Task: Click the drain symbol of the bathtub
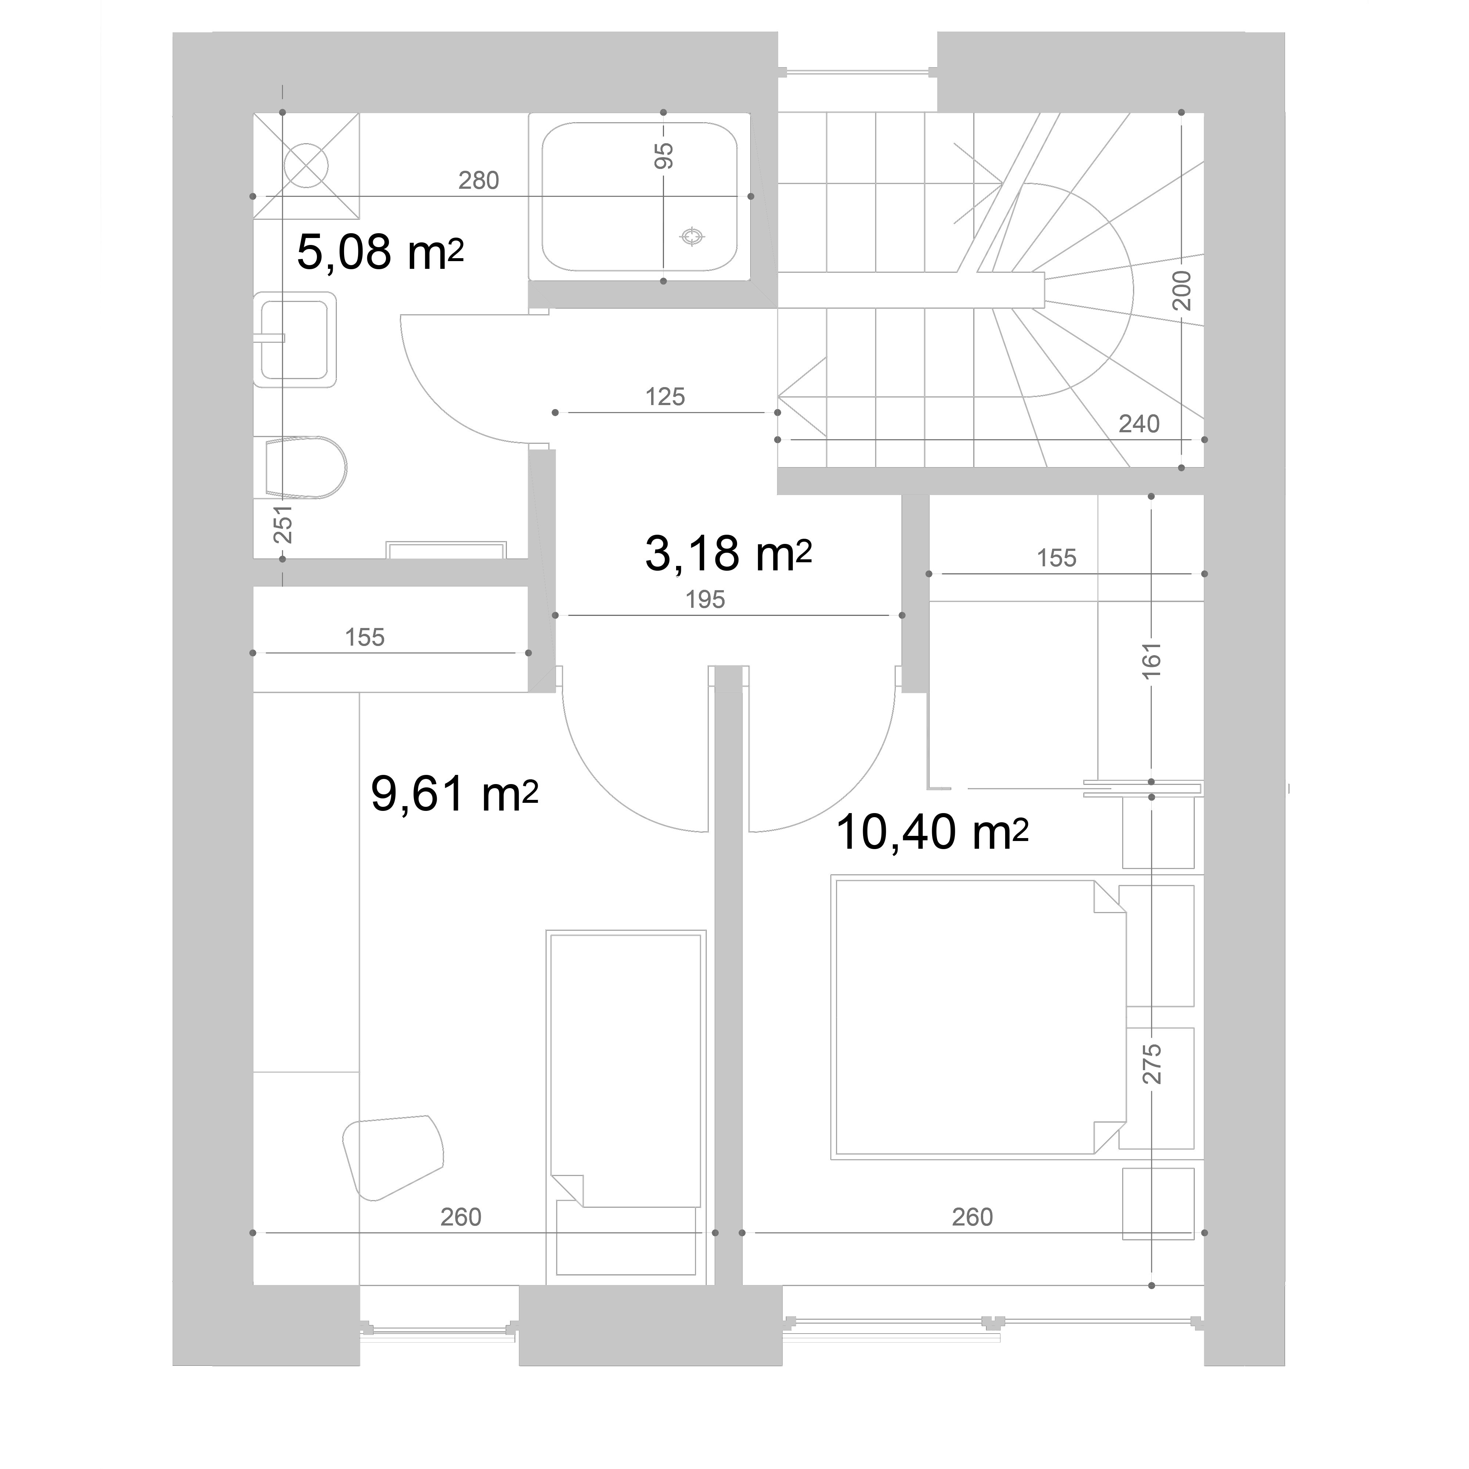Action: coord(692,237)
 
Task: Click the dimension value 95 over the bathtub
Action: coord(664,156)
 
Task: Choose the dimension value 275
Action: coord(1152,1064)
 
